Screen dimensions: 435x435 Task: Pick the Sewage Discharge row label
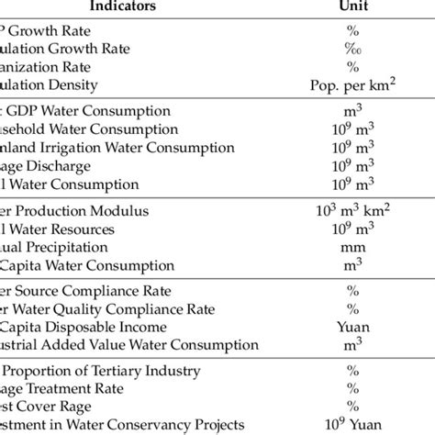tap(46, 166)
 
